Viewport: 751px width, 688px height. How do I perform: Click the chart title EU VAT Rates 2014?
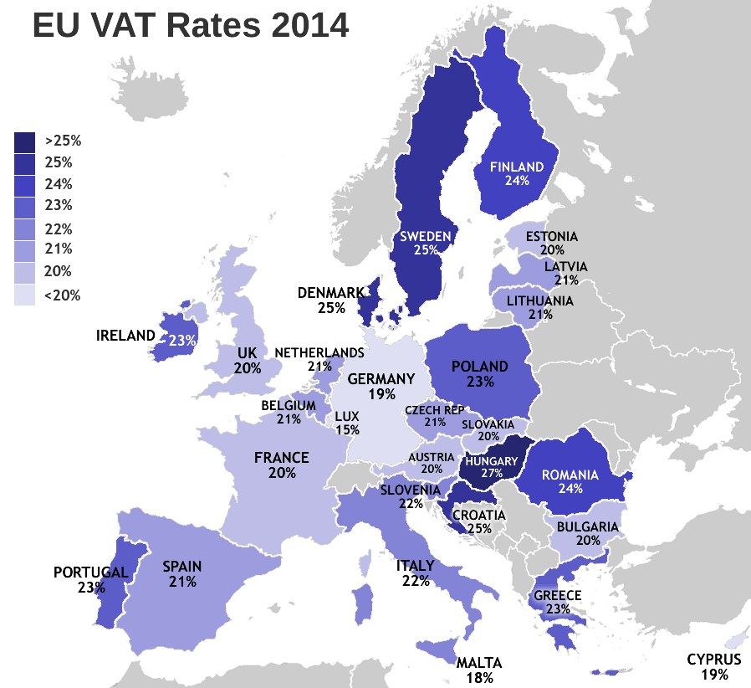tap(190, 26)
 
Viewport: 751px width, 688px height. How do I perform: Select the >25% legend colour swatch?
tap(25, 141)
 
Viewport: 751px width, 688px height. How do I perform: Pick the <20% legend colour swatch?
tap(25, 295)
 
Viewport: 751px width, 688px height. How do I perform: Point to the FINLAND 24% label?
tap(517, 173)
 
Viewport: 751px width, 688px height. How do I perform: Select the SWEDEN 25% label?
tap(426, 244)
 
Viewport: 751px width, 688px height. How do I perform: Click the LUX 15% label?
tap(347, 423)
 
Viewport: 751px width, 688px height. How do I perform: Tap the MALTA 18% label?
tap(479, 670)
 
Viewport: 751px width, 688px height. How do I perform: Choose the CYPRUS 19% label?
tap(713, 666)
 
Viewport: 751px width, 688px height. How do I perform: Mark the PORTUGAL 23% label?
tap(90, 580)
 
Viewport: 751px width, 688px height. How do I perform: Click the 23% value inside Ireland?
tap(182, 341)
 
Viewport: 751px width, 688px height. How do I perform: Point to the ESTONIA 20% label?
tap(551, 244)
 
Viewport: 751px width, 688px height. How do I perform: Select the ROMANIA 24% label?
tap(570, 481)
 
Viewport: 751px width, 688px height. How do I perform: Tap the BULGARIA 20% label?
tap(587, 534)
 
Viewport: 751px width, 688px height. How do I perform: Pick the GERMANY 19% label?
tap(381, 385)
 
